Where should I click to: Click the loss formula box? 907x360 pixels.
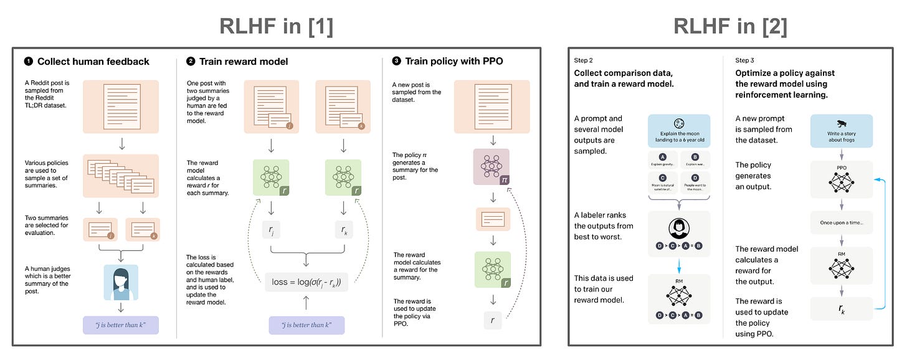pyautogui.click(x=306, y=282)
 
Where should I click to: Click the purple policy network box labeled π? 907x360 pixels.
pyautogui.click(x=492, y=167)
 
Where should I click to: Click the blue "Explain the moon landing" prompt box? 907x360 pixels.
pyautogui.click(x=678, y=131)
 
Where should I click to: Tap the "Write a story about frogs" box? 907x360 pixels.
pyautogui.click(x=841, y=131)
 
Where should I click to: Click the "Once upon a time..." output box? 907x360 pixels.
pyautogui.click(x=842, y=222)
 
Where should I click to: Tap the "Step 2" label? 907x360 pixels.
pyautogui.click(x=584, y=60)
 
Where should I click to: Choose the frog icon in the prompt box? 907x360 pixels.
pyautogui.click(x=842, y=123)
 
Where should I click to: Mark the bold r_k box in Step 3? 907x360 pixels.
pyautogui.click(x=842, y=308)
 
